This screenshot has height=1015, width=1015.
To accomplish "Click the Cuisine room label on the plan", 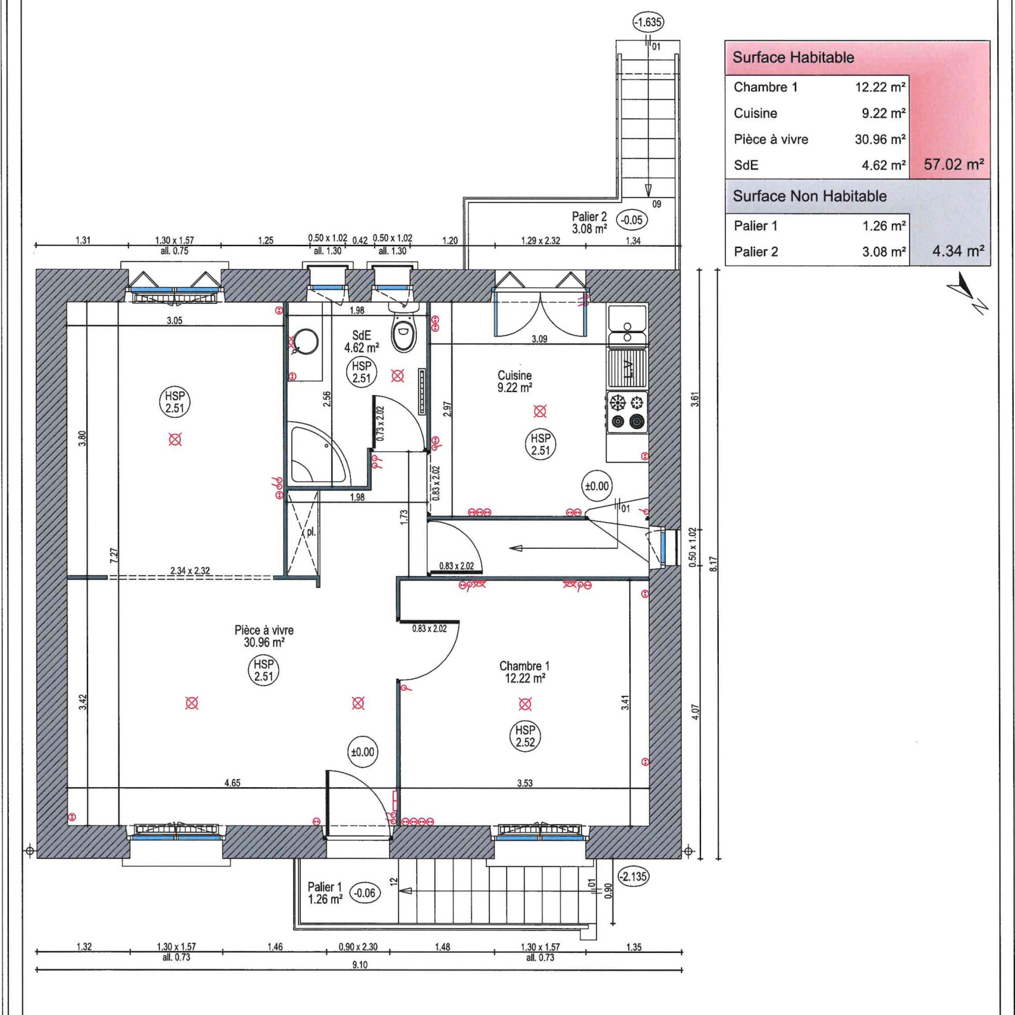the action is pyautogui.click(x=514, y=376).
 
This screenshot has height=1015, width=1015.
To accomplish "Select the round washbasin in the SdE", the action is pyautogui.click(x=306, y=343).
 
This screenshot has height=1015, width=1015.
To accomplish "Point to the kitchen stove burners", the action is pyautogui.click(x=627, y=412).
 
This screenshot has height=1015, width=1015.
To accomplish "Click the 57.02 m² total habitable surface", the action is pyautogui.click(x=953, y=165).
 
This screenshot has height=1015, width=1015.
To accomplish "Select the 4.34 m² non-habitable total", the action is pyautogui.click(x=958, y=251).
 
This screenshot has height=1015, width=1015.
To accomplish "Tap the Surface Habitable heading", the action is pyautogui.click(x=793, y=58).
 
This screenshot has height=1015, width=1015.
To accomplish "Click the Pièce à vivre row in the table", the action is pyautogui.click(x=819, y=140).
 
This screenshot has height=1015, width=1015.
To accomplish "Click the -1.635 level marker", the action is pyautogui.click(x=648, y=23).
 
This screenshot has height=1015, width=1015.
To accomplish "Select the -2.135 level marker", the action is pyautogui.click(x=633, y=877).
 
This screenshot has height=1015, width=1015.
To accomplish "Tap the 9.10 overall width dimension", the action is pyautogui.click(x=360, y=965).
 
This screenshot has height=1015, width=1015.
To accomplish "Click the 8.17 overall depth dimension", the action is pyautogui.click(x=713, y=565).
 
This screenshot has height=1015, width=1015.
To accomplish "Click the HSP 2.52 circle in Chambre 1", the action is pyautogui.click(x=525, y=737).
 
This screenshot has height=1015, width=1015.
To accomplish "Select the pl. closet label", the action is pyautogui.click(x=311, y=533).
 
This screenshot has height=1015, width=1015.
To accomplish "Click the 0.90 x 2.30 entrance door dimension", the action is pyautogui.click(x=358, y=947).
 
